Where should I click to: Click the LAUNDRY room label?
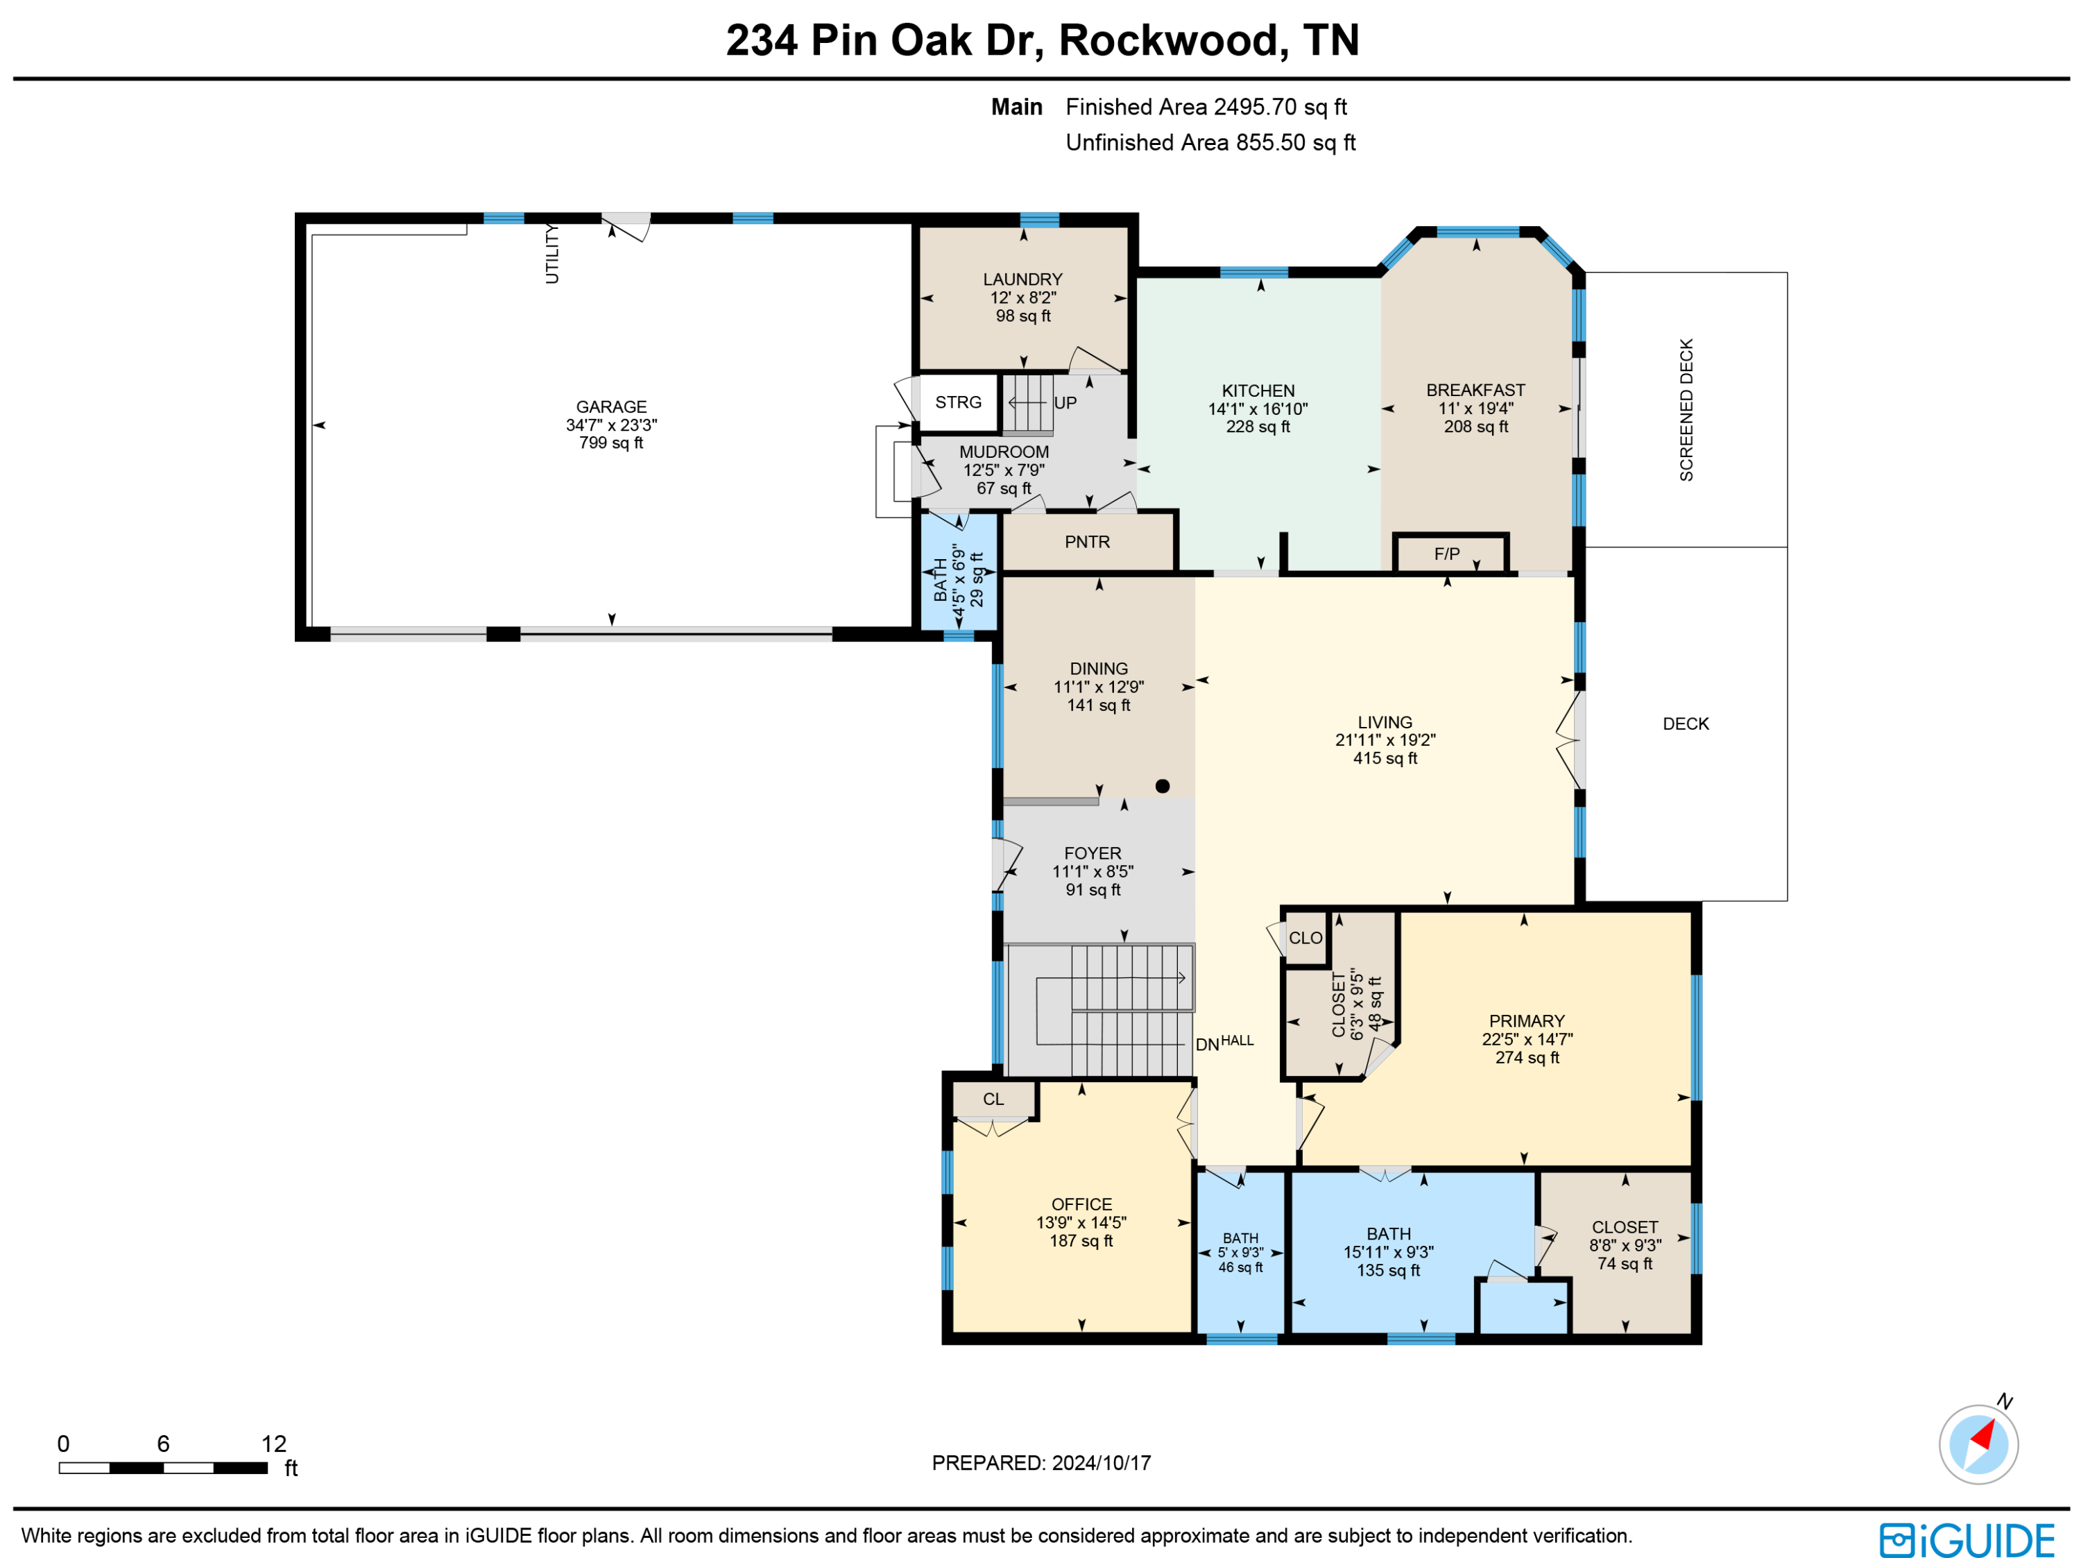[1022, 280]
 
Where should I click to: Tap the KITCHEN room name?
[1258, 391]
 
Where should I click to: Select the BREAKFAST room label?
[1475, 390]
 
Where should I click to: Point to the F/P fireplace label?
[1446, 554]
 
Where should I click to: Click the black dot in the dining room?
[1163, 785]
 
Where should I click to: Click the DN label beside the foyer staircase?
[1207, 1044]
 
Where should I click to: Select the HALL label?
[1237, 1040]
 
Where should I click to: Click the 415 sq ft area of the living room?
[1385, 758]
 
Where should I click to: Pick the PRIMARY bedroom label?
[1527, 1021]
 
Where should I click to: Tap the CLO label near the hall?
[1305, 938]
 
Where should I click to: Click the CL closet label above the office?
[993, 1099]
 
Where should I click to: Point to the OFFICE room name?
[1081, 1204]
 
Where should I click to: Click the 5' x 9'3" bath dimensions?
[1240, 1252]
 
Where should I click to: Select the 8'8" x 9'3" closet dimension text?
[1625, 1246]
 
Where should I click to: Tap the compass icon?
[1978, 1444]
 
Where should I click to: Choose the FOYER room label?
[1093, 853]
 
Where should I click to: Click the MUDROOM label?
[1004, 452]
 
